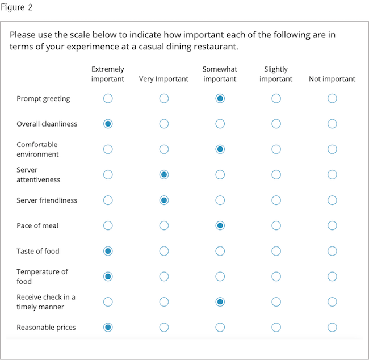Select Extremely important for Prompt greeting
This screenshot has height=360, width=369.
tap(108, 99)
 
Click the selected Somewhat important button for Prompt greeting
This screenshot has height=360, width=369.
tap(220, 99)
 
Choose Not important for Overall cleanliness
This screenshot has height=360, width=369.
tap(332, 124)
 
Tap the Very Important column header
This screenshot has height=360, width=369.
tap(163, 79)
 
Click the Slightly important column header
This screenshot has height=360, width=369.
tap(276, 74)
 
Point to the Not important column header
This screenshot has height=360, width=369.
tap(332, 79)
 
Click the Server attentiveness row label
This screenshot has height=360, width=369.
tap(38, 174)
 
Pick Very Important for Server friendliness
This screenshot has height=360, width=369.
tap(164, 200)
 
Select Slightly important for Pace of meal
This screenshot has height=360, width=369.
tap(276, 225)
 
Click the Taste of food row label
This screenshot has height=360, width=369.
tap(38, 251)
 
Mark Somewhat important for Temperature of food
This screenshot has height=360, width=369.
tap(220, 277)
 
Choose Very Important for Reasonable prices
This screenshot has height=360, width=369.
tap(164, 327)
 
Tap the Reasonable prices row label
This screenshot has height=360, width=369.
tap(46, 327)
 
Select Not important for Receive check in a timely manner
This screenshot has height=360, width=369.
tap(332, 302)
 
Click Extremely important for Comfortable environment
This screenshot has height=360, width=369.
tap(108, 149)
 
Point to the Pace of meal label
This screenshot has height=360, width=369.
tap(37, 225)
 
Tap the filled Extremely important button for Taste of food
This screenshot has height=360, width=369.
tap(108, 251)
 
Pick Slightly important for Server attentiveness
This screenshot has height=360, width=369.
tap(276, 175)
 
